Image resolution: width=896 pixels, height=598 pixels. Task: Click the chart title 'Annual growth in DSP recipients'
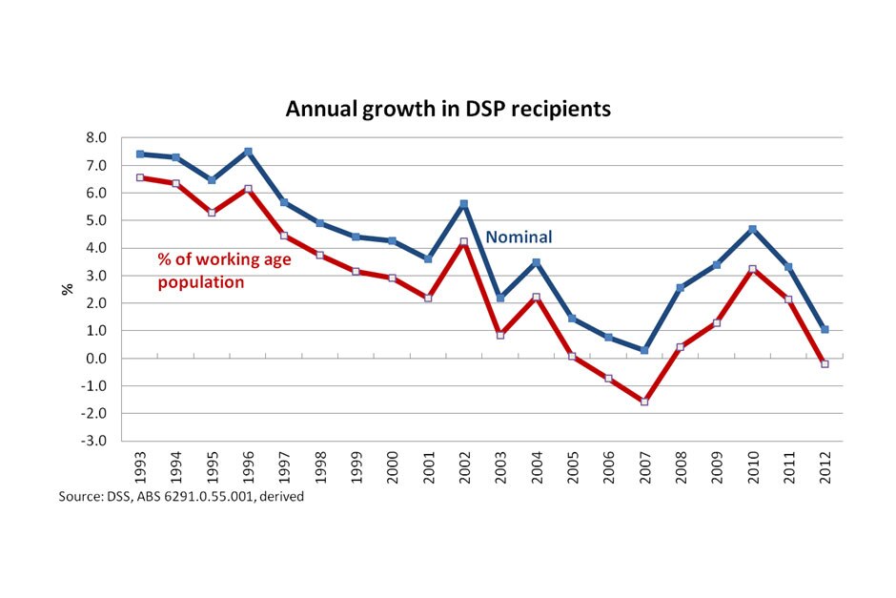pos(448,109)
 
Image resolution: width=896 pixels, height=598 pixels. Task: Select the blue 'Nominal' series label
pos(519,237)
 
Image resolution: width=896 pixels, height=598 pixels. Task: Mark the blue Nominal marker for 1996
pos(248,152)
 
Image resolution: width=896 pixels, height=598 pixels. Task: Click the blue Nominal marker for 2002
pos(464,204)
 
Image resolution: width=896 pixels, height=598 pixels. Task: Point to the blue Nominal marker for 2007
pos(644,350)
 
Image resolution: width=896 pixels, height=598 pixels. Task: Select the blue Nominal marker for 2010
pos(752,229)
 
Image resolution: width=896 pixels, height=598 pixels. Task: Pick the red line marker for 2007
pos(644,402)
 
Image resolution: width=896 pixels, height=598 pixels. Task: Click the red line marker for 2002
pos(464,242)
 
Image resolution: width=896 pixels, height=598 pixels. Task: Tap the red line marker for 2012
pos(825,364)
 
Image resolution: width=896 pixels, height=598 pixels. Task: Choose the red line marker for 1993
pos(140,177)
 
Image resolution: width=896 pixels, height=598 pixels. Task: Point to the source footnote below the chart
pos(181,497)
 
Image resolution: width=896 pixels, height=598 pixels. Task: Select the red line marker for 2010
pos(752,269)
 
